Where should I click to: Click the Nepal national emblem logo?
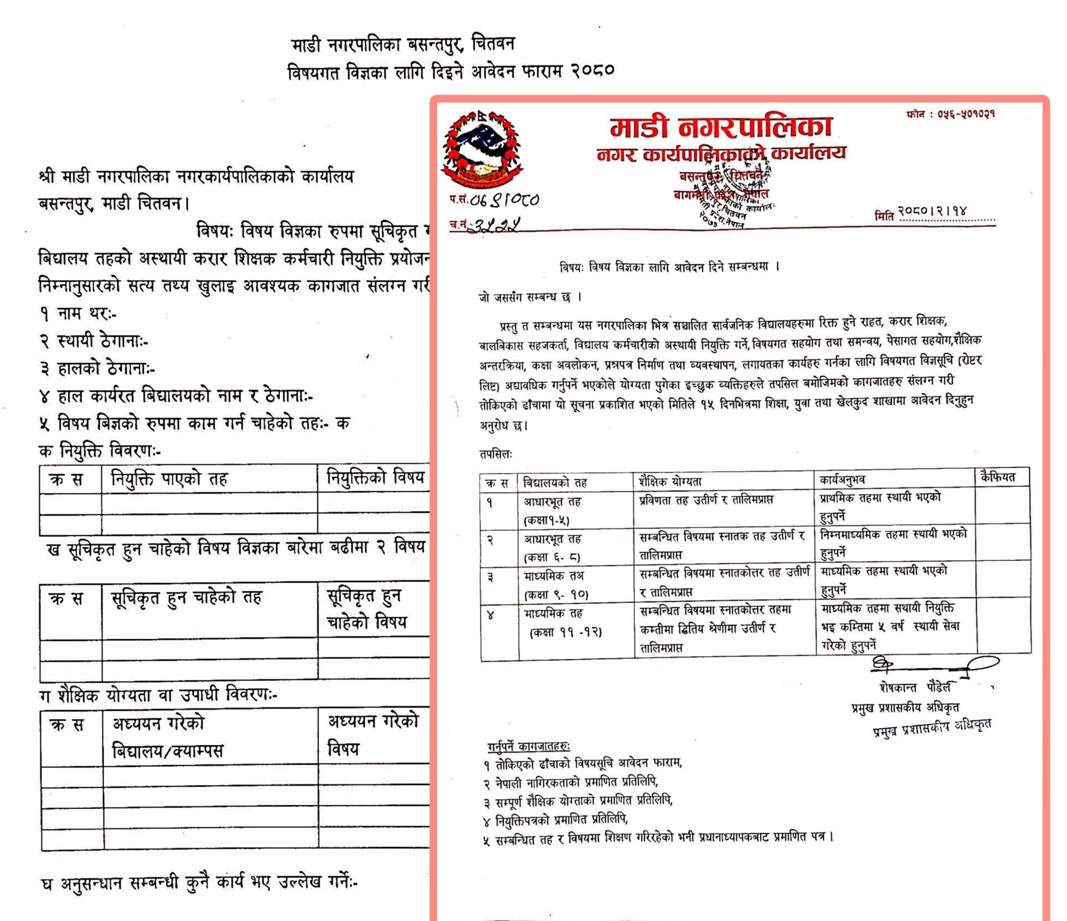pyautogui.click(x=481, y=149)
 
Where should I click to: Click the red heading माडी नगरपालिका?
pyautogui.click(x=721, y=127)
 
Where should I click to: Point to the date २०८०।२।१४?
pyautogui.click(x=932, y=211)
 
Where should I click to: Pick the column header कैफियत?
pyautogui.click(x=998, y=477)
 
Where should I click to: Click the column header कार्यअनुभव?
pyautogui.click(x=842, y=479)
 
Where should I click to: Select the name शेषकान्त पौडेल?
pyautogui.click(x=914, y=687)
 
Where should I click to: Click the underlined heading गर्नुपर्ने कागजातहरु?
pyautogui.click(x=528, y=746)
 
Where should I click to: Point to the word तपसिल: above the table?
pyautogui.click(x=495, y=454)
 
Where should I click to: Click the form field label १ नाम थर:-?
pyautogui.click(x=78, y=313)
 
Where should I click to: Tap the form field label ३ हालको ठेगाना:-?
pyautogui.click(x=97, y=369)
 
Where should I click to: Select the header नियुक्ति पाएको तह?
pyautogui.click(x=169, y=479)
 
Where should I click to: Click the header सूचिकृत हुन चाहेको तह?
pyautogui.click(x=186, y=598)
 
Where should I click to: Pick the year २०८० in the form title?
pyautogui.click(x=592, y=71)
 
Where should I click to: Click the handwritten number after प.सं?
pyautogui.click(x=504, y=199)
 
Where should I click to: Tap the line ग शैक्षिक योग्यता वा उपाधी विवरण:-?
pyautogui.click(x=158, y=695)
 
